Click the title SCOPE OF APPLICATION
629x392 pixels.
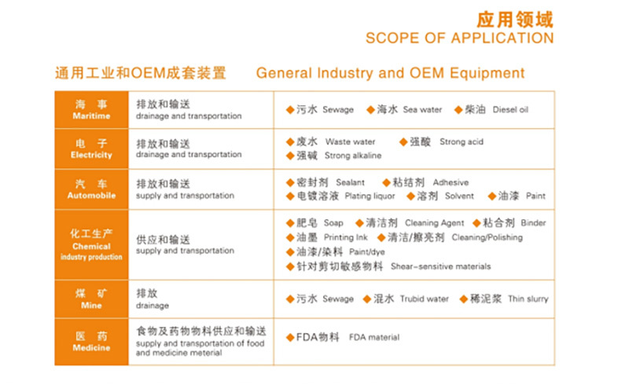click(460, 38)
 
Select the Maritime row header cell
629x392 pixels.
click(91, 110)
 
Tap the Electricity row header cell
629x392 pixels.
click(91, 149)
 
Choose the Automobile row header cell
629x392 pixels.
click(91, 189)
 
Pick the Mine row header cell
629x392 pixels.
click(91, 299)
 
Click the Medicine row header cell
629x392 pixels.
click(91, 342)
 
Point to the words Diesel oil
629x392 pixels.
click(510, 110)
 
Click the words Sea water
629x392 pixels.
click(422, 110)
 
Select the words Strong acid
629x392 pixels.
click(462, 142)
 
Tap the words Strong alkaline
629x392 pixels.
click(353, 156)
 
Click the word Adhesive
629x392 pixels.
click(451, 183)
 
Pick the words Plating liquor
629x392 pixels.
click(370, 196)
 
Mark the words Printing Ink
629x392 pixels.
click(346, 238)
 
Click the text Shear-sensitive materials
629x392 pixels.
click(440, 266)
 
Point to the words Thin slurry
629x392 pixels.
click(528, 299)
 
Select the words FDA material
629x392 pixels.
click(374, 338)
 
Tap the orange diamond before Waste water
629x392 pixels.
click(290, 142)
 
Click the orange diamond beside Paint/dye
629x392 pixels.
click(290, 252)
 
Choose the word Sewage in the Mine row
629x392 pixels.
click(338, 299)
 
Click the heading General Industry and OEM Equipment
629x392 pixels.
click(390, 73)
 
